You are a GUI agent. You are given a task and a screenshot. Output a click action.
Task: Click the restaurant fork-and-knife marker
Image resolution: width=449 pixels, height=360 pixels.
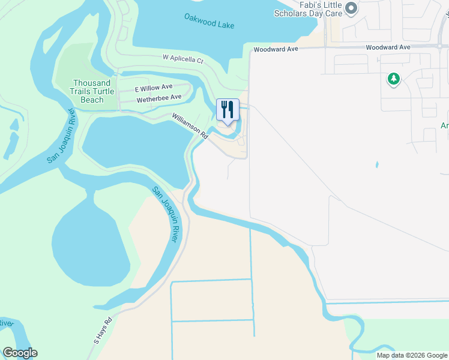coord(228,110)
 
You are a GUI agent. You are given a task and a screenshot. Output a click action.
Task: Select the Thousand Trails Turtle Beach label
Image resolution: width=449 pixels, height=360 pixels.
coord(92,91)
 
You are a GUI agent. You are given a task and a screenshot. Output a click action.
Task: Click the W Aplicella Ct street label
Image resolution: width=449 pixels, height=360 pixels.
coord(183,59)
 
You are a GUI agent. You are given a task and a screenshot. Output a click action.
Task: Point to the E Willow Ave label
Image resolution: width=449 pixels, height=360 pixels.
coord(153,87)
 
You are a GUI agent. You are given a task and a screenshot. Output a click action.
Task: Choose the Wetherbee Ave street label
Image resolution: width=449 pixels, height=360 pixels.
coord(158,97)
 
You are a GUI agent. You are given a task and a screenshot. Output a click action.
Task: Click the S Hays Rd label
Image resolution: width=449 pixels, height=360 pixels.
coord(103,331)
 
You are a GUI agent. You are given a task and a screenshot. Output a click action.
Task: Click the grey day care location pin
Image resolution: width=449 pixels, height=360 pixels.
coord(352,8)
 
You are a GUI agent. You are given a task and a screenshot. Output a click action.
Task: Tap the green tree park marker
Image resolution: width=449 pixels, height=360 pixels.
coord(394,79)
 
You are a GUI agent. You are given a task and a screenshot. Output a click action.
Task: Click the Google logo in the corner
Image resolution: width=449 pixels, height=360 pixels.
coord(20,353)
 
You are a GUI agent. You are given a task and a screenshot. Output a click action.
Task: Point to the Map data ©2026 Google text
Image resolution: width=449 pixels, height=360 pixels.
coord(412,355)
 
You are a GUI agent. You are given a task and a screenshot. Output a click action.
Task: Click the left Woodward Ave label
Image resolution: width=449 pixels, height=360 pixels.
coord(276,49)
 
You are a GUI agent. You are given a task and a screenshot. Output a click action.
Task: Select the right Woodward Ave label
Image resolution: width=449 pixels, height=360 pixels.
coord(387,47)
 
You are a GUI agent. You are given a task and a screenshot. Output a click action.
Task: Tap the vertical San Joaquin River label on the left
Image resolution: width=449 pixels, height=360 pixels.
coord(61,136)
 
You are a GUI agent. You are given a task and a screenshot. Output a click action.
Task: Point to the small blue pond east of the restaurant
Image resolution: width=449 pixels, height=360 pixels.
coord(377,164)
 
